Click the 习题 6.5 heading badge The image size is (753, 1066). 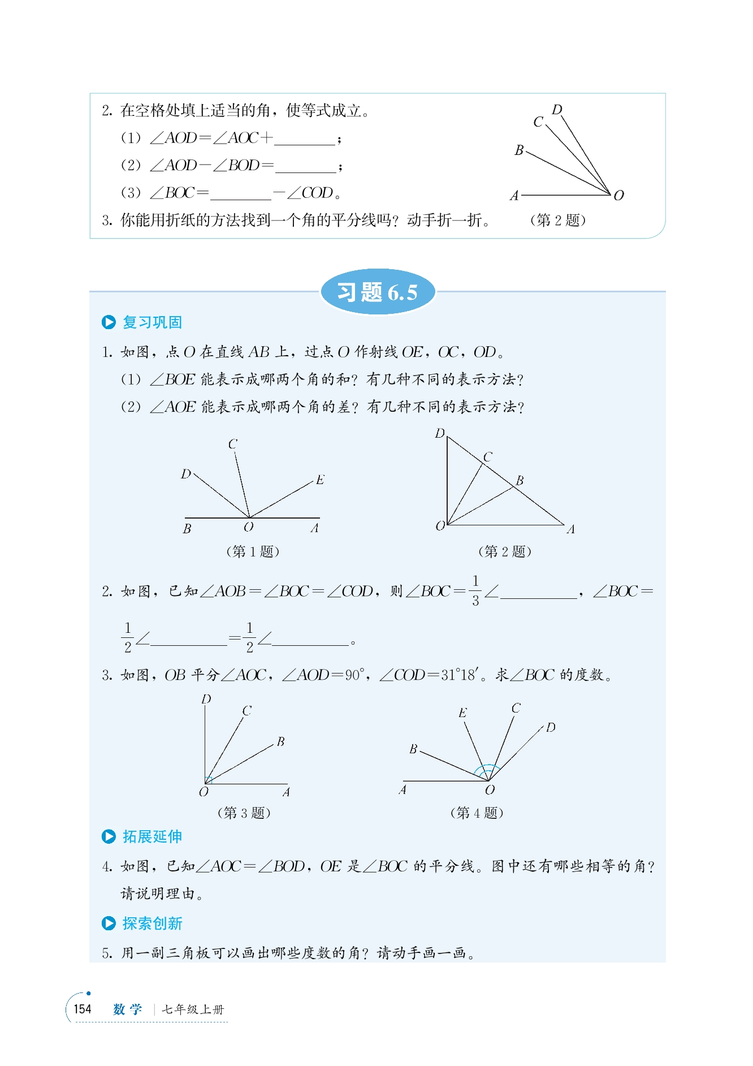pos(378,292)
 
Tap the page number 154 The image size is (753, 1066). pos(83,1009)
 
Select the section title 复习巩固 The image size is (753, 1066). pos(152,322)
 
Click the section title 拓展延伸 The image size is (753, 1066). pos(152,836)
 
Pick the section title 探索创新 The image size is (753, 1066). pos(152,923)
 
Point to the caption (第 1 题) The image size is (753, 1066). pos(252,551)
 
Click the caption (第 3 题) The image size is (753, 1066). pos(244,813)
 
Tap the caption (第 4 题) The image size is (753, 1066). pos(477,813)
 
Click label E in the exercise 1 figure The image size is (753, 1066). pos(320,480)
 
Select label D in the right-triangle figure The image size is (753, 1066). pos(440,434)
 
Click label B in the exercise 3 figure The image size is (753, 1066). pos(280,741)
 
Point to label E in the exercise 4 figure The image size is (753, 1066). pos(462,713)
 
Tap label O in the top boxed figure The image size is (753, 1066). pos(619,196)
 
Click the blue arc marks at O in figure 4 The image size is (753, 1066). pos(487,770)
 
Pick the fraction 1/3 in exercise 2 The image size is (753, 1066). pos(475,590)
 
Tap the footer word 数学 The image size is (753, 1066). pos(127,1009)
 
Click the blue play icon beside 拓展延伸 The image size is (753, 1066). pos(109,836)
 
